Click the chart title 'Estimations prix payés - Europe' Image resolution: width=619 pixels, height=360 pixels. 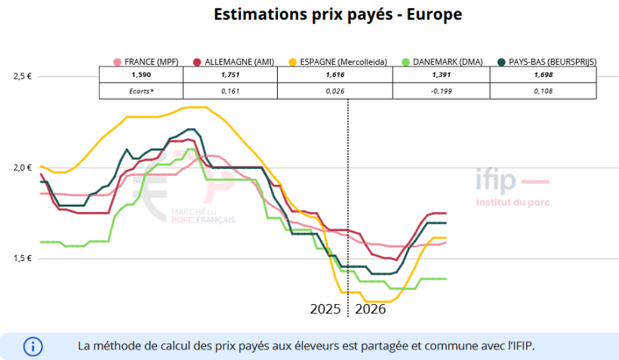(337, 15)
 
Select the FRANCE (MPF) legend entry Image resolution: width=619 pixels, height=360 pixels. (149, 62)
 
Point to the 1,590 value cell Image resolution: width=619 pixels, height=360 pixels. (141, 75)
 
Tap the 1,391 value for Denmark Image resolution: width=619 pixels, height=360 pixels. (441, 75)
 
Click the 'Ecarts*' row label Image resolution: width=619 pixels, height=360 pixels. (141, 91)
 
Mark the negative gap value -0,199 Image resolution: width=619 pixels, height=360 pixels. (441, 91)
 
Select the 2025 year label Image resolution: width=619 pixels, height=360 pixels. (326, 309)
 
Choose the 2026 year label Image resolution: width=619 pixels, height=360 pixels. (371, 309)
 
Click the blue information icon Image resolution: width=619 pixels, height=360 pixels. (33, 346)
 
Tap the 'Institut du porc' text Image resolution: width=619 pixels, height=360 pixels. (513, 202)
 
